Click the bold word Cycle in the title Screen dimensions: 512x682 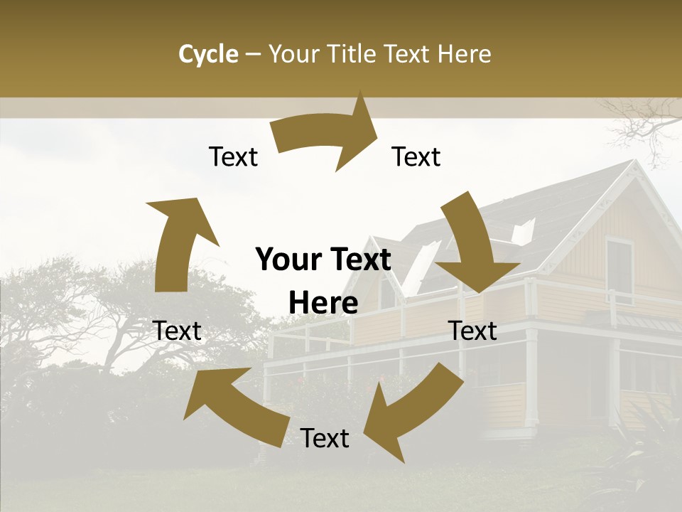point(208,54)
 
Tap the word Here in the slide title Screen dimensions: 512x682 point(464,54)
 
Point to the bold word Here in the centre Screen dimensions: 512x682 point(323,304)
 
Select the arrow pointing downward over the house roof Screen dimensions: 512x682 point(476,242)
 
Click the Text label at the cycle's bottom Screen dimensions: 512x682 point(325,439)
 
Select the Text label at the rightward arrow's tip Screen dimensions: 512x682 point(416,156)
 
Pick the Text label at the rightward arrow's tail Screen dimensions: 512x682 point(233,156)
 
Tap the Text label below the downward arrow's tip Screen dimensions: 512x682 point(473,331)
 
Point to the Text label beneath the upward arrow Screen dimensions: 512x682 point(178,331)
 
